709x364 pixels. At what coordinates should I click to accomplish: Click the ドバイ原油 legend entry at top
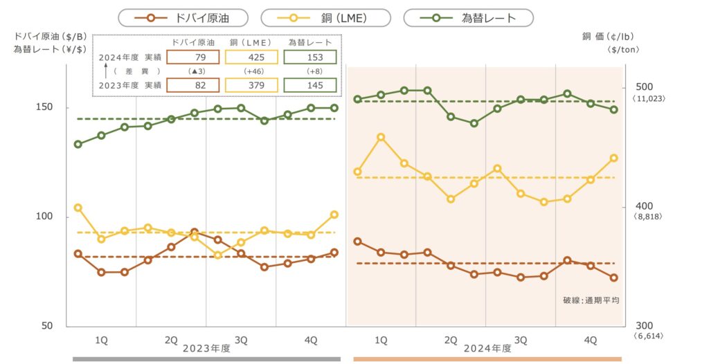click(x=183, y=17)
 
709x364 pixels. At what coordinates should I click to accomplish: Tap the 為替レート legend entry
click(x=469, y=17)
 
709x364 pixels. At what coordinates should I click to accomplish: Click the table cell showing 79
click(x=193, y=57)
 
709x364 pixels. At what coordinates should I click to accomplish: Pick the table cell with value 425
click(x=253, y=57)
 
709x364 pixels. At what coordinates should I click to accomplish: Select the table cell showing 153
click(x=312, y=57)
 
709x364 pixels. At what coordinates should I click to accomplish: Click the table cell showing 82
click(x=193, y=85)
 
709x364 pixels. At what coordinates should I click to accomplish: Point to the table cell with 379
click(x=253, y=85)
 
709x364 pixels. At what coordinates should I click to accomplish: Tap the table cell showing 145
click(x=312, y=85)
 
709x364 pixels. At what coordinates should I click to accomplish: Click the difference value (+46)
click(x=253, y=71)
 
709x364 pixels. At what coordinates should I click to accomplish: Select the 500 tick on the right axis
click(x=644, y=88)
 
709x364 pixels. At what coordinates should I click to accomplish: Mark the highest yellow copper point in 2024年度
click(x=381, y=137)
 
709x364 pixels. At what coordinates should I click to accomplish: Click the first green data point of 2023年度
click(x=78, y=144)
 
